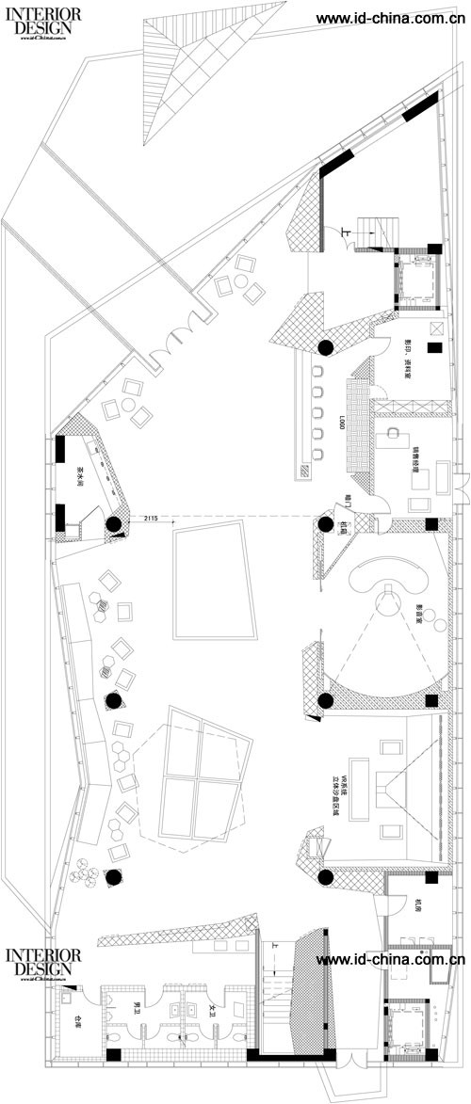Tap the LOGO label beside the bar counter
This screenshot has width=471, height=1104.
[340, 425]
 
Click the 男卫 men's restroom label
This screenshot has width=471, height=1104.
[137, 1010]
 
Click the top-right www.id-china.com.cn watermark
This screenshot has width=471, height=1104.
[390, 18]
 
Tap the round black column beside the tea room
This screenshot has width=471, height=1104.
[113, 525]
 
